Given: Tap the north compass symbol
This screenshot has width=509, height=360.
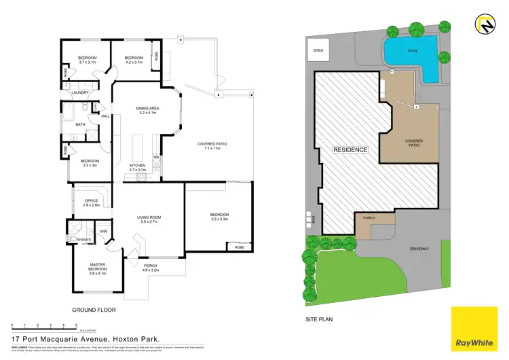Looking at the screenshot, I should [488, 26].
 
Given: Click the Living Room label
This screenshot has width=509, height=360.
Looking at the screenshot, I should [147, 219].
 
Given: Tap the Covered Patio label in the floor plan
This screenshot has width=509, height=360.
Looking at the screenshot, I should [212, 145].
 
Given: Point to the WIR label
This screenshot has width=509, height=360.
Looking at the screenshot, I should [103, 232].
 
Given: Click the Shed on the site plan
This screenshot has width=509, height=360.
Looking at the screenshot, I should [318, 50].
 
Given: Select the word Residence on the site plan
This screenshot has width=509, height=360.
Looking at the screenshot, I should [350, 149].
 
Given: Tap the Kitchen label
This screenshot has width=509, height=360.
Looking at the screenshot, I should [138, 167].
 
